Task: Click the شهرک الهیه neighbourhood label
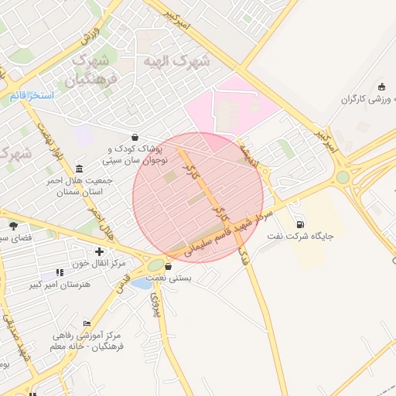[178, 61]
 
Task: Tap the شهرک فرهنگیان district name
[91, 70]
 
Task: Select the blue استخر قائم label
[32, 96]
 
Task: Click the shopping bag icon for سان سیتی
[135, 138]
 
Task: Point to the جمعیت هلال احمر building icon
[80, 169]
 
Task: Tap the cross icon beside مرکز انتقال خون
[99, 251]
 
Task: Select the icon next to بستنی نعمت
[169, 268]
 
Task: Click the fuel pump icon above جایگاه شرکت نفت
[299, 225]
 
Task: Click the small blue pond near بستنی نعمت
[141, 283]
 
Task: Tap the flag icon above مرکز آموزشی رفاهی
[87, 324]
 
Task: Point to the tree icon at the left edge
[13, 226]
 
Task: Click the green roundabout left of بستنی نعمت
[155, 266]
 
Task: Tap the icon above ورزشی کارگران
[381, 87]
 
